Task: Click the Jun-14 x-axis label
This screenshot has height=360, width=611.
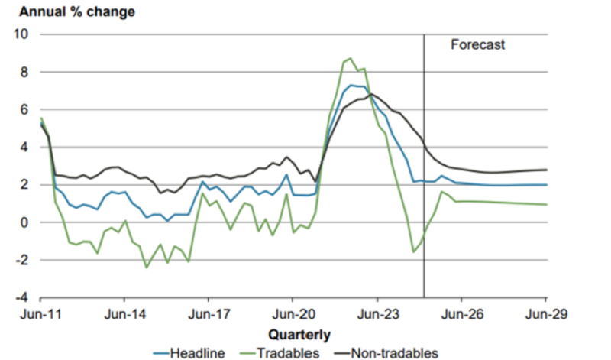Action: (125, 314)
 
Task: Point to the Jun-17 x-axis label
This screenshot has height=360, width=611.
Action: (209, 314)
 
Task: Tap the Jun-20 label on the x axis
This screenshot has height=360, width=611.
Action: (294, 314)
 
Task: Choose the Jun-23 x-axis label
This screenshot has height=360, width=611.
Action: (378, 314)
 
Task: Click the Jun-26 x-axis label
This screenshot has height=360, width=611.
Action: (462, 314)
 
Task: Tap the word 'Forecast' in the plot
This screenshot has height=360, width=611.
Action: (478, 45)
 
